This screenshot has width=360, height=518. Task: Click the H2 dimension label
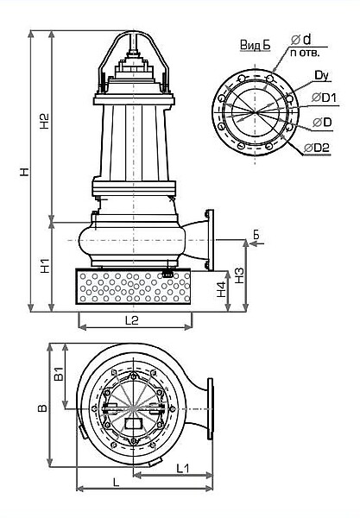45,121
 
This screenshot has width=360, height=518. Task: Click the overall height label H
25,172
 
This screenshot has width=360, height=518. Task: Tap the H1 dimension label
45,266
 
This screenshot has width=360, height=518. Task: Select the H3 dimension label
239,275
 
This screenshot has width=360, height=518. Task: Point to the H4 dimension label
222,289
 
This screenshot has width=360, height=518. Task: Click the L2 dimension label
132,319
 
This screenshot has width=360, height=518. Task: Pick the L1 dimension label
183,468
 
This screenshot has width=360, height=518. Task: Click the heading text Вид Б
255,45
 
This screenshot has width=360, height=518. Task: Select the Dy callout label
321,76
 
